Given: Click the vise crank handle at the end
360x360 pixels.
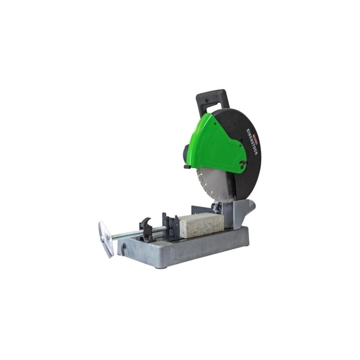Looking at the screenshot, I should tap(106, 238).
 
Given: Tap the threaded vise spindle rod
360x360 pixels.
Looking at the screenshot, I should tap(130, 234).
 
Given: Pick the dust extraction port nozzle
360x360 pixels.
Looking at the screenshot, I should tap(250, 207).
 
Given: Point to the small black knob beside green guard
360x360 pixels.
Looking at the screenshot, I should tap(187, 167).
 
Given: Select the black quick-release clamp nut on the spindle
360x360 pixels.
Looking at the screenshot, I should tap(146, 227).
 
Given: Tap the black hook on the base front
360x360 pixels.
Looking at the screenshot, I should tap(123, 249).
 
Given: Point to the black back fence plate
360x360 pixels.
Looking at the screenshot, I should tap(200, 210).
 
